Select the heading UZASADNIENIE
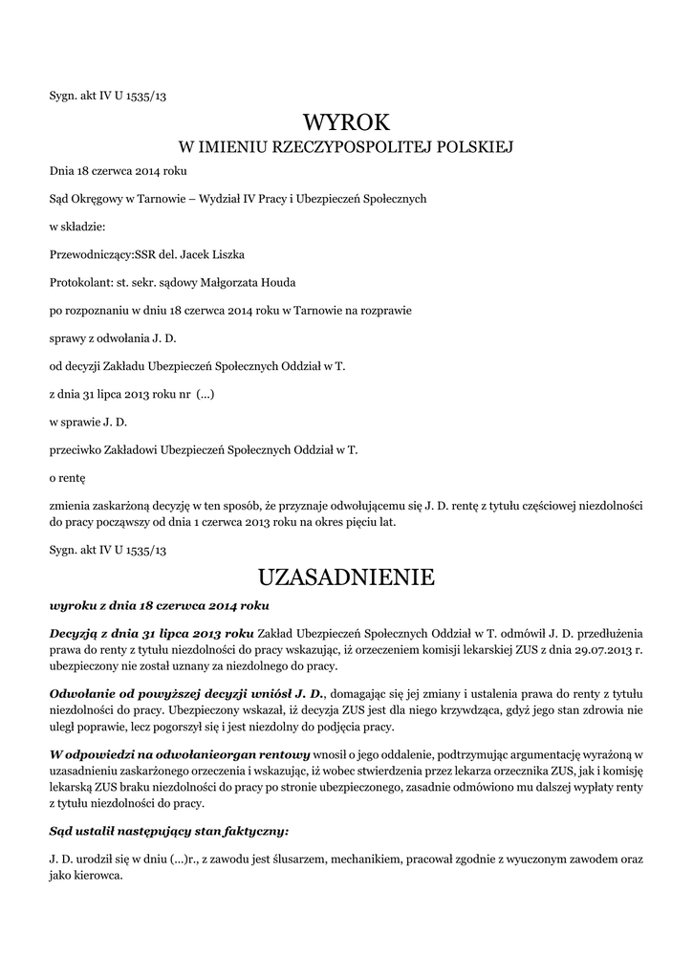[346, 577]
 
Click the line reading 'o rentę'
[68, 476]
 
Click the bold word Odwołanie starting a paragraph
[81, 694]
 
